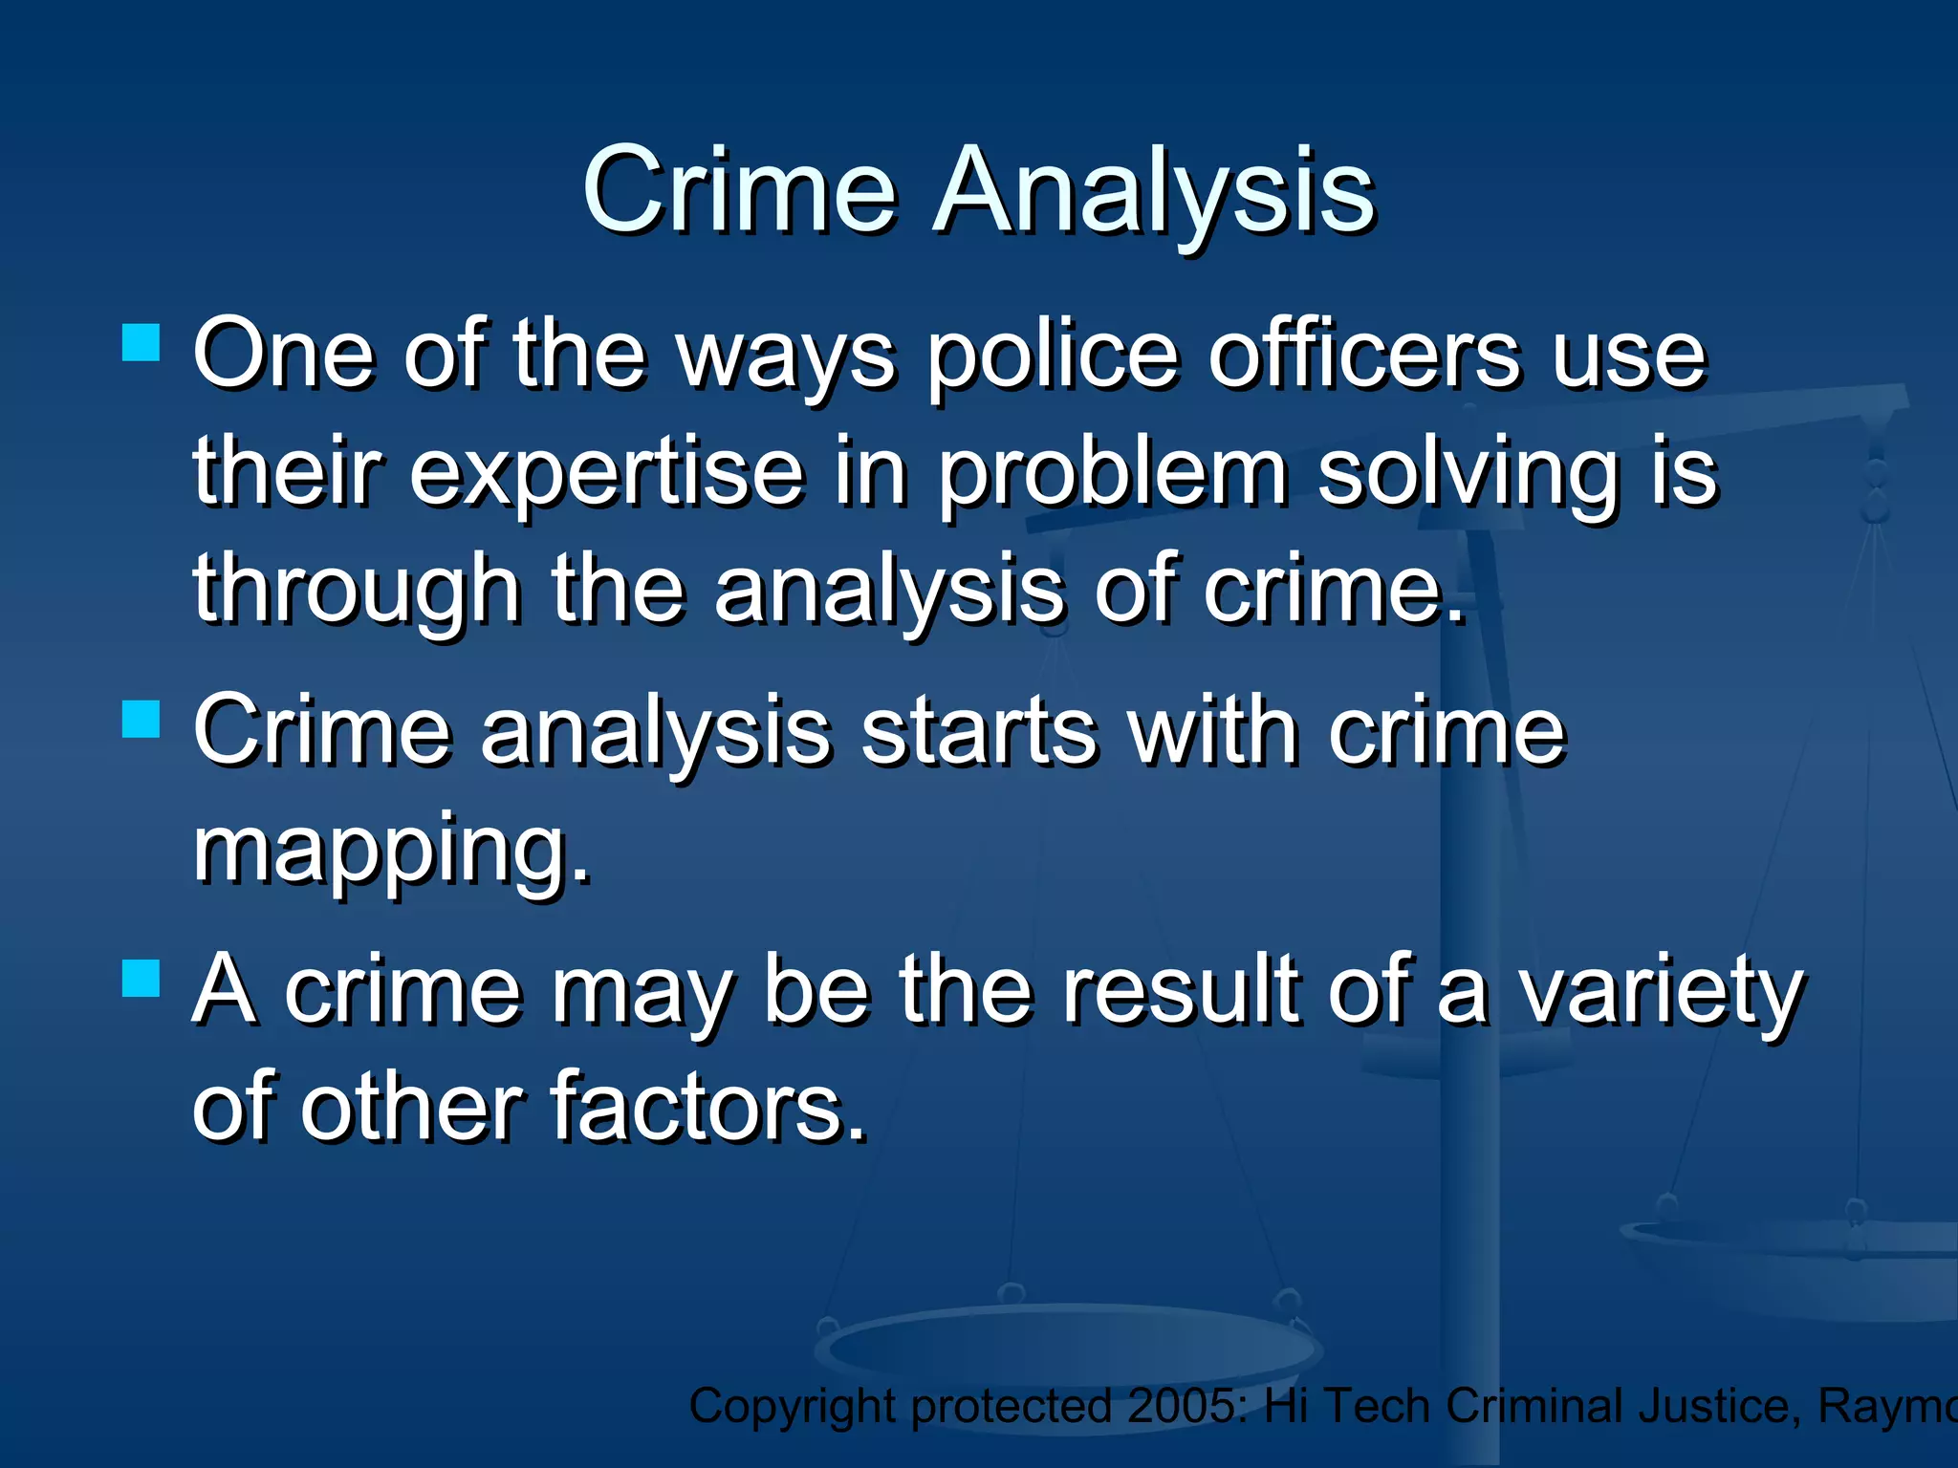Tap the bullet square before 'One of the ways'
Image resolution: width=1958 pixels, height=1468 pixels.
click(x=141, y=342)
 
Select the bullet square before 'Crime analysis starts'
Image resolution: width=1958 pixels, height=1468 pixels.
click(x=141, y=720)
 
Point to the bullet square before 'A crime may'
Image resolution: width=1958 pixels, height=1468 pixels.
click(x=141, y=979)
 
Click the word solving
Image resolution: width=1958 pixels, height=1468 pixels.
click(x=1468, y=473)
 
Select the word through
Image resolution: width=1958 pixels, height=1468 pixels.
click(x=357, y=591)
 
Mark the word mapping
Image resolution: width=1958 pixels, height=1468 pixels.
click(x=392, y=850)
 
